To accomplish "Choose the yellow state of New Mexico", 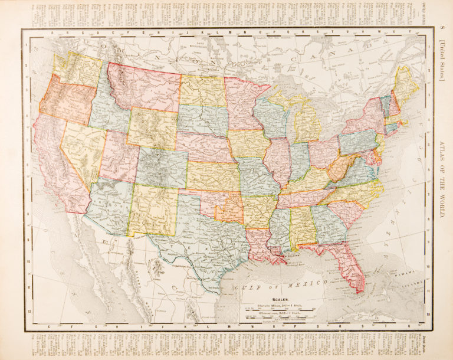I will tap(153, 209).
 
